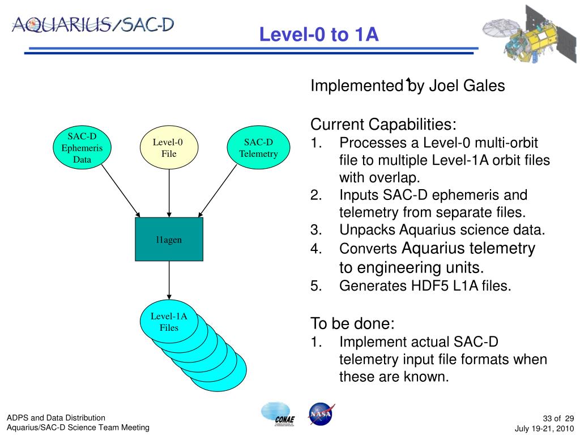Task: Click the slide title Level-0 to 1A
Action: click(319, 34)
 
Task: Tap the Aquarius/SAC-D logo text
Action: click(93, 25)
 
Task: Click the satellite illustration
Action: click(530, 35)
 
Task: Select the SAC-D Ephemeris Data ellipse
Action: click(82, 148)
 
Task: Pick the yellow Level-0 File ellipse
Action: click(169, 148)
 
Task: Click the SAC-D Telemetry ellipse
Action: click(258, 148)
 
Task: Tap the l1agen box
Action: click(169, 240)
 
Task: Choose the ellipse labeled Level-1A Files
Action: click(169, 322)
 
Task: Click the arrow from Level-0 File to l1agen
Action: click(169, 193)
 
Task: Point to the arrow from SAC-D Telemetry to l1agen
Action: click(217, 191)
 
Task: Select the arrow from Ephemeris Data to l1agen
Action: click(121, 191)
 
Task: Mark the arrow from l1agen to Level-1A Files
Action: click(169, 280)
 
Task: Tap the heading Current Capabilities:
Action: click(383, 124)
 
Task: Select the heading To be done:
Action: click(352, 323)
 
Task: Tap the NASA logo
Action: click(321, 414)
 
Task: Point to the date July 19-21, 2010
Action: click(544, 429)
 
